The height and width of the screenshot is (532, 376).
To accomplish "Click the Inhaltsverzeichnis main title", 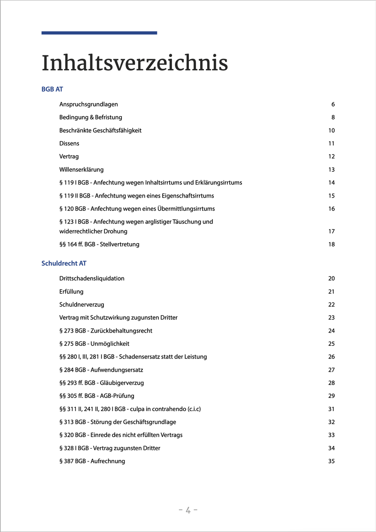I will pyautogui.click(x=134, y=64).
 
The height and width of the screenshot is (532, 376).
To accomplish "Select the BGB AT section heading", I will pyautogui.click(x=52, y=89).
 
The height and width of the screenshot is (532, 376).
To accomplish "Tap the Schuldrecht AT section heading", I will pyautogui.click(x=64, y=263).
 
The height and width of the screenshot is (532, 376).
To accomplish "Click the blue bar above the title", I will pyautogui.click(x=99, y=33).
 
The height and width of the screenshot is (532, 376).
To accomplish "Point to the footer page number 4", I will pyautogui.click(x=188, y=510).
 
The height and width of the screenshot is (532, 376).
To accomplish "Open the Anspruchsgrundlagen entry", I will pyautogui.click(x=88, y=104).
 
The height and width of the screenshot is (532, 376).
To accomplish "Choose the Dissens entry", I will pyautogui.click(x=69, y=143).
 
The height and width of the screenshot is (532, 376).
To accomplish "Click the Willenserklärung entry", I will pyautogui.click(x=81, y=169).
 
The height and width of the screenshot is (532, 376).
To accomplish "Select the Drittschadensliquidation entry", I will pyautogui.click(x=92, y=278).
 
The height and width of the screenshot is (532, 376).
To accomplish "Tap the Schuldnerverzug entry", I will pyautogui.click(x=82, y=305).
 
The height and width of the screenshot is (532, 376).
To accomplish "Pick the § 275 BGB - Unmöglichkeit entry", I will pyautogui.click(x=94, y=344).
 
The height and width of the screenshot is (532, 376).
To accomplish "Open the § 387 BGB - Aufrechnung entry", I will pyautogui.click(x=92, y=461).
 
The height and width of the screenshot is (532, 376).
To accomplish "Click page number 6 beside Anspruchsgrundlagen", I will pyautogui.click(x=333, y=104).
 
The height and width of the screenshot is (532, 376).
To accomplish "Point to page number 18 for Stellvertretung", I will pyautogui.click(x=331, y=245).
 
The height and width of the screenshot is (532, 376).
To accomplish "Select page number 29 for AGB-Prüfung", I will pyautogui.click(x=331, y=396).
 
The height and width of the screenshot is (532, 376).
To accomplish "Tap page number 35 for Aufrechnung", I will pyautogui.click(x=331, y=461).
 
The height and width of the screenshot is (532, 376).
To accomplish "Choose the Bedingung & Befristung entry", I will pyautogui.click(x=91, y=117).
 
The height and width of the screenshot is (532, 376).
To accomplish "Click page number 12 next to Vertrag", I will pyautogui.click(x=331, y=157).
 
